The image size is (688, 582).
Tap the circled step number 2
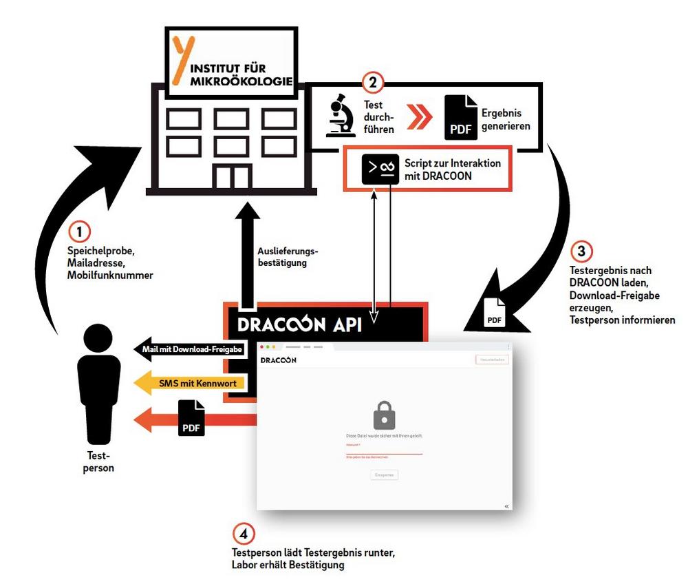pos(372,83)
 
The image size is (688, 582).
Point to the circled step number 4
pos(243,533)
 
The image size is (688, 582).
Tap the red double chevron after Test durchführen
pos(418,117)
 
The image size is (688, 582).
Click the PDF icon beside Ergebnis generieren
pos(460,117)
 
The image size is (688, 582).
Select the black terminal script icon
pos(380,168)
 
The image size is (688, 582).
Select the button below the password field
pos(384,475)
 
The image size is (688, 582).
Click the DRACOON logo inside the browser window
pos(279,360)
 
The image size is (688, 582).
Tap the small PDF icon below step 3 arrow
pos(495,312)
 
